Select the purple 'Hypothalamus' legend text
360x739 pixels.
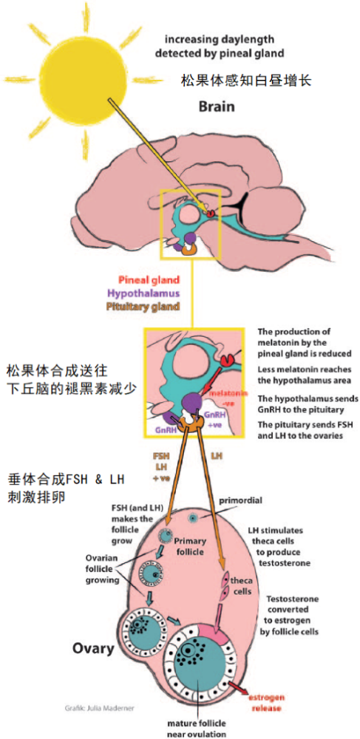point(154,292)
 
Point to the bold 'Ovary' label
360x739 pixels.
point(93,648)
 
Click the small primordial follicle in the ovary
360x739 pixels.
point(193,518)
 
